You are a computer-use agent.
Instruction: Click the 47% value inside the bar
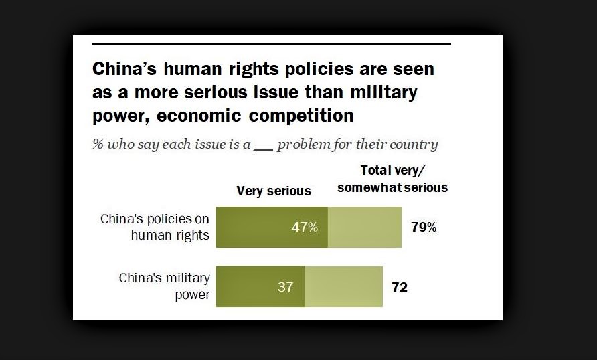(x=305, y=227)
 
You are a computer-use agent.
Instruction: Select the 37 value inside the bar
(x=286, y=286)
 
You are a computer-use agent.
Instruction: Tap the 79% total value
(x=423, y=227)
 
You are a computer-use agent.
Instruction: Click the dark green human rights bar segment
(x=254, y=227)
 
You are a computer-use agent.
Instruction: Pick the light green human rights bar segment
(x=364, y=227)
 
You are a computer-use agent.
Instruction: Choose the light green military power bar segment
(x=343, y=286)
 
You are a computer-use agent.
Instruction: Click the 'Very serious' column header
(x=274, y=191)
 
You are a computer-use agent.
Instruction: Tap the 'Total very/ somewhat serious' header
(x=392, y=179)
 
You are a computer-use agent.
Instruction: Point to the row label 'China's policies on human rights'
(x=155, y=227)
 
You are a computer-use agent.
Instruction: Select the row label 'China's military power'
(x=164, y=286)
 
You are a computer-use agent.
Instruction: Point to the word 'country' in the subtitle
(x=414, y=145)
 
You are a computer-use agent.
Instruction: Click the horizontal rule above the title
(x=270, y=44)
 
